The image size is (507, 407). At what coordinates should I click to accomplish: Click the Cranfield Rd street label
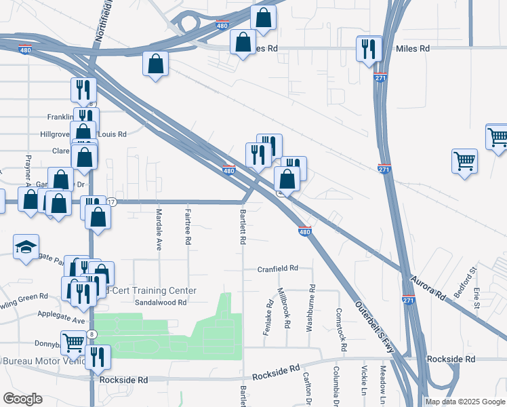tap(278, 269)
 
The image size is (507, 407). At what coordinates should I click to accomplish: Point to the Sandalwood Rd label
tap(161, 303)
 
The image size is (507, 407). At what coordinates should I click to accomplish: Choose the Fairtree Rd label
tap(188, 227)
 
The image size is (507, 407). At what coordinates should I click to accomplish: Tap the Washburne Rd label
tap(312, 307)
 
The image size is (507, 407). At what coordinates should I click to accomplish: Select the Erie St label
tap(477, 296)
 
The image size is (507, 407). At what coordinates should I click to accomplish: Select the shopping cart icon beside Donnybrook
tap(73, 342)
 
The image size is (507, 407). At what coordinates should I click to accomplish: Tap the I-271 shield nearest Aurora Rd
tap(409, 301)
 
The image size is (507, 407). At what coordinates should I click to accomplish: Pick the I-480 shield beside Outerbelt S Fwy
tap(304, 232)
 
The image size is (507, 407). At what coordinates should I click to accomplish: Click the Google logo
tap(22, 398)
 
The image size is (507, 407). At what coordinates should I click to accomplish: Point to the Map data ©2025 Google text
tap(465, 402)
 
